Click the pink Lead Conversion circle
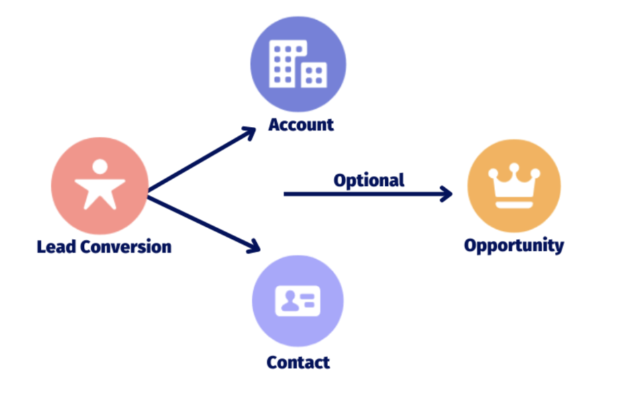point(100,186)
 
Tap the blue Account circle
point(299,64)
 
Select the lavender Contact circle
point(298,301)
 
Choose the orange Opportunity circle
point(515,186)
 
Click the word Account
point(301,125)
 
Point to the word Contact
point(299,362)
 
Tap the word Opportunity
point(514,246)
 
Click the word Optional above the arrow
point(369,181)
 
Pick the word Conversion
point(126,247)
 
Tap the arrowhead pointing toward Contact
point(253,246)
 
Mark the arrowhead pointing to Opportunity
point(446,193)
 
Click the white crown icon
point(514,186)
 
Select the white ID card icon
point(297,301)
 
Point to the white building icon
point(298,64)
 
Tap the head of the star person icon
point(100,166)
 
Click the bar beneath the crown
point(514,205)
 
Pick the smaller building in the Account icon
point(314,75)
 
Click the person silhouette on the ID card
point(290,301)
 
